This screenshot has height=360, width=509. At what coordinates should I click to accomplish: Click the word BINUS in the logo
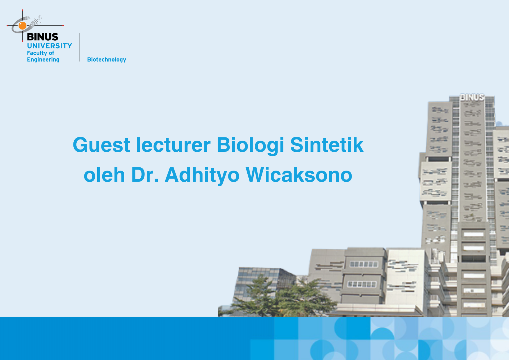[42, 37]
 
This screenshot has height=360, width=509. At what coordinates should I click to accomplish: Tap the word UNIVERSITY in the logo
[50, 46]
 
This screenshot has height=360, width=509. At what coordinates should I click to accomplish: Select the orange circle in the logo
[23, 26]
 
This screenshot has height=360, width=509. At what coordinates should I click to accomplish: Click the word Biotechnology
[107, 59]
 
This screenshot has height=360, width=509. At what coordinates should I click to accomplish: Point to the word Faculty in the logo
[37, 53]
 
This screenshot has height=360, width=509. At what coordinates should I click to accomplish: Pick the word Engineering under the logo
[43, 60]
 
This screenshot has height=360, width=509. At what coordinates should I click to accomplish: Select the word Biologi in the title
[251, 145]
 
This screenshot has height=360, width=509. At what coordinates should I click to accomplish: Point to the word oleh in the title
[104, 175]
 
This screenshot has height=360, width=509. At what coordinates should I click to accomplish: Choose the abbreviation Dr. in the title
[145, 175]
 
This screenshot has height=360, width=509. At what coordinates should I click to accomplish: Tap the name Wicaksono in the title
[299, 175]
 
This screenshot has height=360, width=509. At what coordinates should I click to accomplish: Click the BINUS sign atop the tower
[472, 97]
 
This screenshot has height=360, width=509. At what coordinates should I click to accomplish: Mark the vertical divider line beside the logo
[80, 47]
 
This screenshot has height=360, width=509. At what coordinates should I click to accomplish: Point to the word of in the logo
[51, 53]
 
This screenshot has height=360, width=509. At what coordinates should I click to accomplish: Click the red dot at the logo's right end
[63, 26]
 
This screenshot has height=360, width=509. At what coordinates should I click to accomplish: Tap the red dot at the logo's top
[23, 10]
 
